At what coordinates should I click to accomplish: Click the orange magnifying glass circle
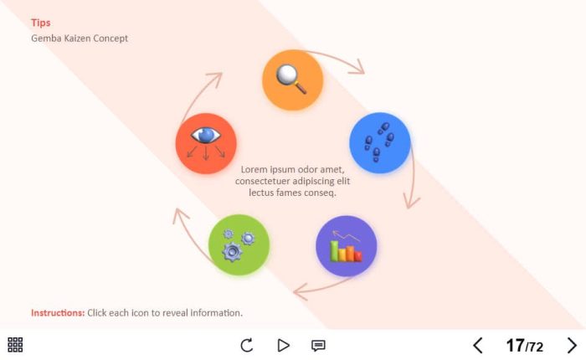(x=292, y=80)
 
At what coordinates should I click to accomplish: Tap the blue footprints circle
(x=379, y=143)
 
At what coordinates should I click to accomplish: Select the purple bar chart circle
(x=346, y=246)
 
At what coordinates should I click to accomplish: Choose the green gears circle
(x=239, y=245)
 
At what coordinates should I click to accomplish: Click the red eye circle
(x=206, y=143)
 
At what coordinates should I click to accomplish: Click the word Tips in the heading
(x=41, y=23)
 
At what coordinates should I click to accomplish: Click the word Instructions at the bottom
(x=58, y=313)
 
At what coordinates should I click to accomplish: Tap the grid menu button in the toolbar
(x=15, y=345)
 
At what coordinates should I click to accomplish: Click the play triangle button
(x=283, y=345)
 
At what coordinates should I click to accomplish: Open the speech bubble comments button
(x=318, y=345)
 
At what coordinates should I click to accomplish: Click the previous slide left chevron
(x=478, y=345)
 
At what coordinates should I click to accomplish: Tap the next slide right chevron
(x=572, y=345)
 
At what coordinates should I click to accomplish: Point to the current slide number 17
(x=515, y=345)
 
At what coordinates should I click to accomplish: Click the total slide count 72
(x=536, y=347)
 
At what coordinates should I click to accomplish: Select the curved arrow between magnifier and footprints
(x=339, y=60)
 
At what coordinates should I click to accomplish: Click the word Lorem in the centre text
(x=254, y=170)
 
